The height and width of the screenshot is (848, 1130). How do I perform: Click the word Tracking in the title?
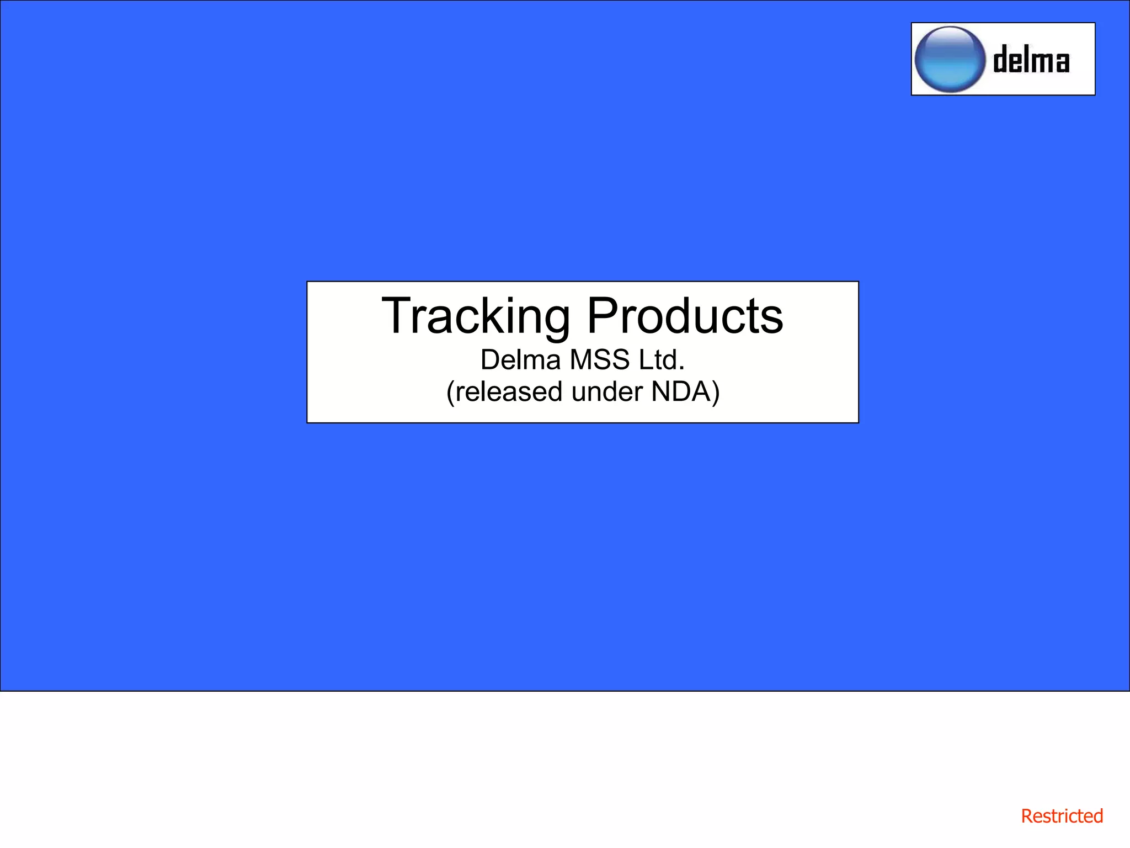click(x=476, y=316)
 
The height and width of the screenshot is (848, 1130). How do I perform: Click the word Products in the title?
click(x=685, y=316)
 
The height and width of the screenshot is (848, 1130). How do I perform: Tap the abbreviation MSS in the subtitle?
click(x=600, y=360)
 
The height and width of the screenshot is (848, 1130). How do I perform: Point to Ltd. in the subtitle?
click(x=662, y=360)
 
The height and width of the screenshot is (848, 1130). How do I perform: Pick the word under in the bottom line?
click(x=607, y=392)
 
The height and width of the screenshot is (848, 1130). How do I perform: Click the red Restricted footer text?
click(x=1062, y=816)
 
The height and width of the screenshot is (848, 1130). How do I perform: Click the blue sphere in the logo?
click(x=950, y=60)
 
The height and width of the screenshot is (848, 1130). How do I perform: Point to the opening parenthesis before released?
click(x=450, y=393)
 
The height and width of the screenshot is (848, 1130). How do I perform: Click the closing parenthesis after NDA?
click(x=716, y=393)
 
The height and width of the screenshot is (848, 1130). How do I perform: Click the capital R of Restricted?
click(x=1027, y=816)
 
